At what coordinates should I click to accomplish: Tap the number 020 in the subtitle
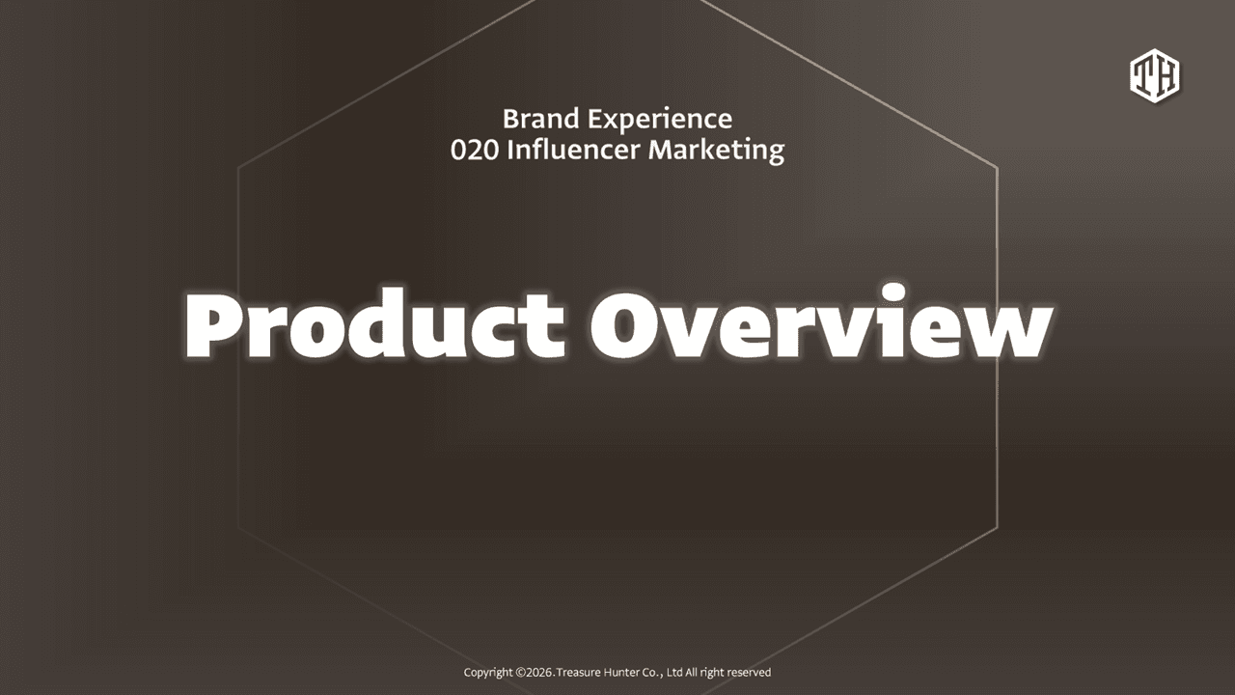[474, 150]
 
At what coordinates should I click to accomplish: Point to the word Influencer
[573, 150]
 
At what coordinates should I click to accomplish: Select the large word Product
[375, 325]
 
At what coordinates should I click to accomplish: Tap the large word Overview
[821, 322]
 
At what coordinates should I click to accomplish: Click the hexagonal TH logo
[1155, 75]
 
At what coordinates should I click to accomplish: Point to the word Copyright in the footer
[488, 673]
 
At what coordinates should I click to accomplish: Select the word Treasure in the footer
[579, 673]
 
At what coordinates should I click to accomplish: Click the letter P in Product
[212, 326]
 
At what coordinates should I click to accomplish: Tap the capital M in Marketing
[662, 150]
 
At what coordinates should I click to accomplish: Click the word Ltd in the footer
[674, 673]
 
